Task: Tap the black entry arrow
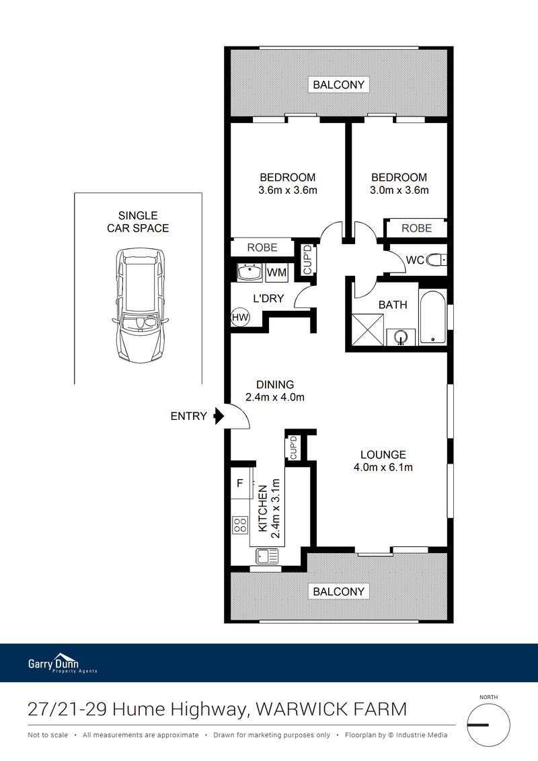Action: click(x=219, y=416)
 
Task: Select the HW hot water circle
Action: click(x=239, y=318)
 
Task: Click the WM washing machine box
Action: click(x=276, y=273)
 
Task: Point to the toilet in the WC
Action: click(x=436, y=260)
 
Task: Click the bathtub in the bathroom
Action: click(x=432, y=317)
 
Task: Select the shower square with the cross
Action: click(x=367, y=330)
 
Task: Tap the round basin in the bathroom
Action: click(x=401, y=337)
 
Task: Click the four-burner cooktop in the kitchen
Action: click(x=240, y=525)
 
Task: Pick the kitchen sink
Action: click(x=267, y=556)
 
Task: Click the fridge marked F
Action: click(x=241, y=483)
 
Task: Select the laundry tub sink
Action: click(x=250, y=273)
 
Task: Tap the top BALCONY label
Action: click(x=339, y=85)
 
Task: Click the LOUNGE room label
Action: click(x=383, y=455)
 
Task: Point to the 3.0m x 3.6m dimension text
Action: click(x=399, y=190)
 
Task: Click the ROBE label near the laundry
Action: click(x=262, y=248)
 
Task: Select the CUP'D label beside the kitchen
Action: click(x=293, y=447)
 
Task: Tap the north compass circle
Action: click(x=488, y=725)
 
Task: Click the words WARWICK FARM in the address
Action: click(x=332, y=710)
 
